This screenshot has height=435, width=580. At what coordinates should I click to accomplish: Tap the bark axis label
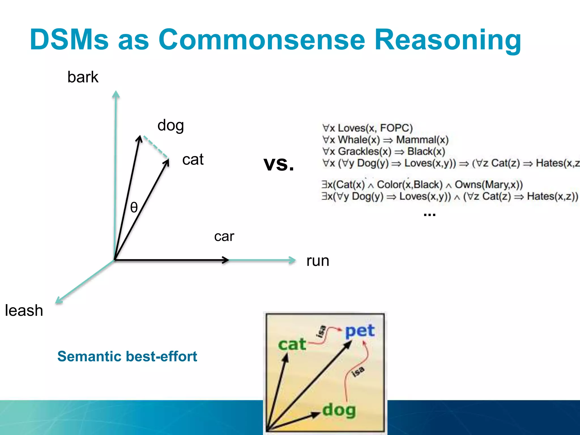point(83,77)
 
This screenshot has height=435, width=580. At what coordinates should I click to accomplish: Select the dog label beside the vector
point(170,125)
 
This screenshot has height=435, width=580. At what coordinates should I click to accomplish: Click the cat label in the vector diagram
point(193,159)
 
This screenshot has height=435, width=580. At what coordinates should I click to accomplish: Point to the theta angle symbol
point(134,207)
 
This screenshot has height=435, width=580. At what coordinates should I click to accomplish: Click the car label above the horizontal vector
point(224,236)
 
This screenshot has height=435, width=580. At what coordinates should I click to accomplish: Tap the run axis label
point(318,261)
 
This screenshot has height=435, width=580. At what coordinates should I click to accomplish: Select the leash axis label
point(24,310)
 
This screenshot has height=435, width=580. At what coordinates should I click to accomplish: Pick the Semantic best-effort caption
point(127,356)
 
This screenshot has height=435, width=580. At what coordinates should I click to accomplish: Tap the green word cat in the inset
point(292,345)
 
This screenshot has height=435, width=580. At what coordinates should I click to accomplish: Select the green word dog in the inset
point(339,410)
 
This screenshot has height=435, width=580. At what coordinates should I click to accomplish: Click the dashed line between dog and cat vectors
point(156,147)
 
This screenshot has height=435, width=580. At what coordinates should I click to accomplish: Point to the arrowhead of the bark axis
point(116,94)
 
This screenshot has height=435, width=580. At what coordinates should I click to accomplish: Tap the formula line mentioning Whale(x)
point(385,140)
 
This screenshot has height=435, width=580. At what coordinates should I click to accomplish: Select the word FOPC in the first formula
point(396,128)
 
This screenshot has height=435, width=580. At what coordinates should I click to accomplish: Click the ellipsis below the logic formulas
point(429,214)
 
